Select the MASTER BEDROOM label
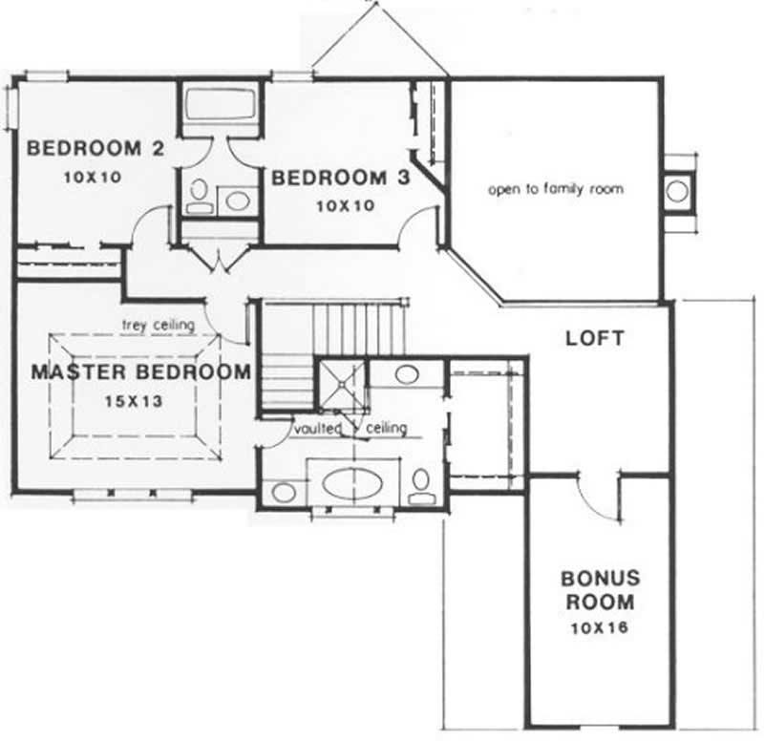141,371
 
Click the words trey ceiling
158,325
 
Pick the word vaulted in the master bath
318,429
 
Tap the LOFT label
594,338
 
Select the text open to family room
555,189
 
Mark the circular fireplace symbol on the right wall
677,190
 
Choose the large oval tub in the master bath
351,483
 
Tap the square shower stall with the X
340,385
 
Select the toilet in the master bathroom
421,486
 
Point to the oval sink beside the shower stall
407,373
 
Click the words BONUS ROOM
600,590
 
